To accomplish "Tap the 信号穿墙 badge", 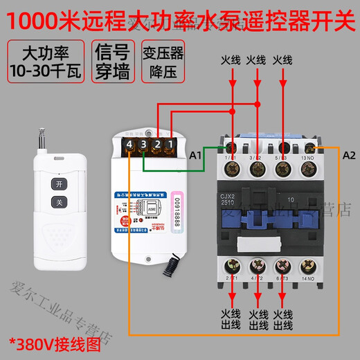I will coord(109,62).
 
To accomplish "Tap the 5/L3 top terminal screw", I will coord(283,147).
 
